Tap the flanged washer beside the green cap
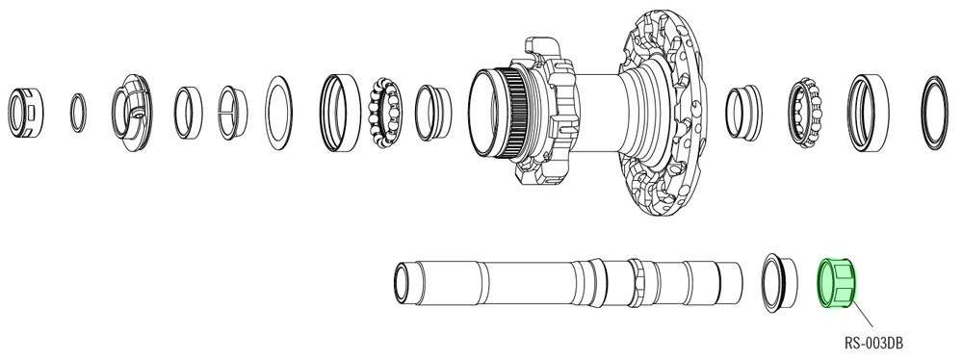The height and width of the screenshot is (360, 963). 777,279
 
